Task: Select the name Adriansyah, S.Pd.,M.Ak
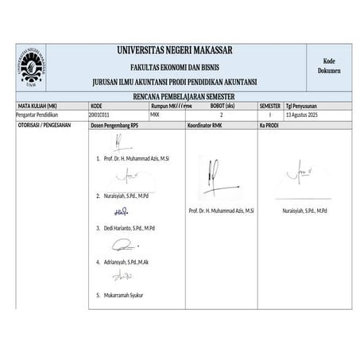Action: (x=127, y=261)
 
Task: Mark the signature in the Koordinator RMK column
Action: (x=215, y=176)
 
